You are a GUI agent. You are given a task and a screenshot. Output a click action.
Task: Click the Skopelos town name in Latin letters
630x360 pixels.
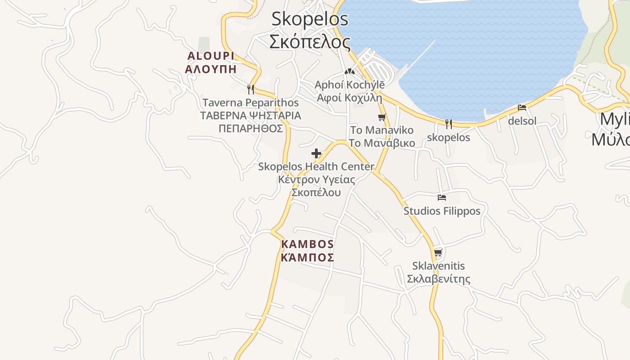310,19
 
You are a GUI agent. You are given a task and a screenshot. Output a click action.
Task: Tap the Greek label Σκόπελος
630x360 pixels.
310,41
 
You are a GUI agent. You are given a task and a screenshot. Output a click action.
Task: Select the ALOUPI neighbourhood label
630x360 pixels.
211,56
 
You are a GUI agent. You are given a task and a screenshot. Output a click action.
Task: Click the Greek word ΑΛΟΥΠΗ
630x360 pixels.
211,69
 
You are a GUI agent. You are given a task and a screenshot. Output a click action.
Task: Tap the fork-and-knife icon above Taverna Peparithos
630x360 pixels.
251,89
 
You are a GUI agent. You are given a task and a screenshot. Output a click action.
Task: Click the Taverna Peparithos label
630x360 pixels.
251,103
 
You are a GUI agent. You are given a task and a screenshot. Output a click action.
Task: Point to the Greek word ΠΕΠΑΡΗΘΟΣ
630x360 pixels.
251,129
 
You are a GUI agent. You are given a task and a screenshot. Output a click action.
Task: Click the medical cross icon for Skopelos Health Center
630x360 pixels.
316,153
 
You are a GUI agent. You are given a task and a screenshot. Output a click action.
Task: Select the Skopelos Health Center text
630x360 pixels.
316,166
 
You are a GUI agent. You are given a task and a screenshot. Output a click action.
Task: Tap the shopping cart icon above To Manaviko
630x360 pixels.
382,117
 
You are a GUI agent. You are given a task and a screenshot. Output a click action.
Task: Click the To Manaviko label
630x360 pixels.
382,130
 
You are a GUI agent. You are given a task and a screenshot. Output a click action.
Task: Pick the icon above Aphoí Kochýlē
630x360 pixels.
349,71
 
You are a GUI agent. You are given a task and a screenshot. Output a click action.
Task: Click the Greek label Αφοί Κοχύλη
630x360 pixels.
349,98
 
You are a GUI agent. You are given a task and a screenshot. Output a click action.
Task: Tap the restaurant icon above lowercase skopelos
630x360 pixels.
448,124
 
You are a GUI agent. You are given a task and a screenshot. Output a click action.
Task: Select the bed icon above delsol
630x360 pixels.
522,108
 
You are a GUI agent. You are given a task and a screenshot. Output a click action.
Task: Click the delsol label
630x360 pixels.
522,121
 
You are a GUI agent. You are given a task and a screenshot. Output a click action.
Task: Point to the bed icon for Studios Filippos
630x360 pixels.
442,198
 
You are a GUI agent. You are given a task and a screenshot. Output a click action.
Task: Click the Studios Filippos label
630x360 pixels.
442,211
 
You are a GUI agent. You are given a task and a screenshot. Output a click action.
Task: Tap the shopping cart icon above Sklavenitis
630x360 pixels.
438,252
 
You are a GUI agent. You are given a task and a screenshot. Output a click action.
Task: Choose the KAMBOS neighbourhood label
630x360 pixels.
307,244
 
